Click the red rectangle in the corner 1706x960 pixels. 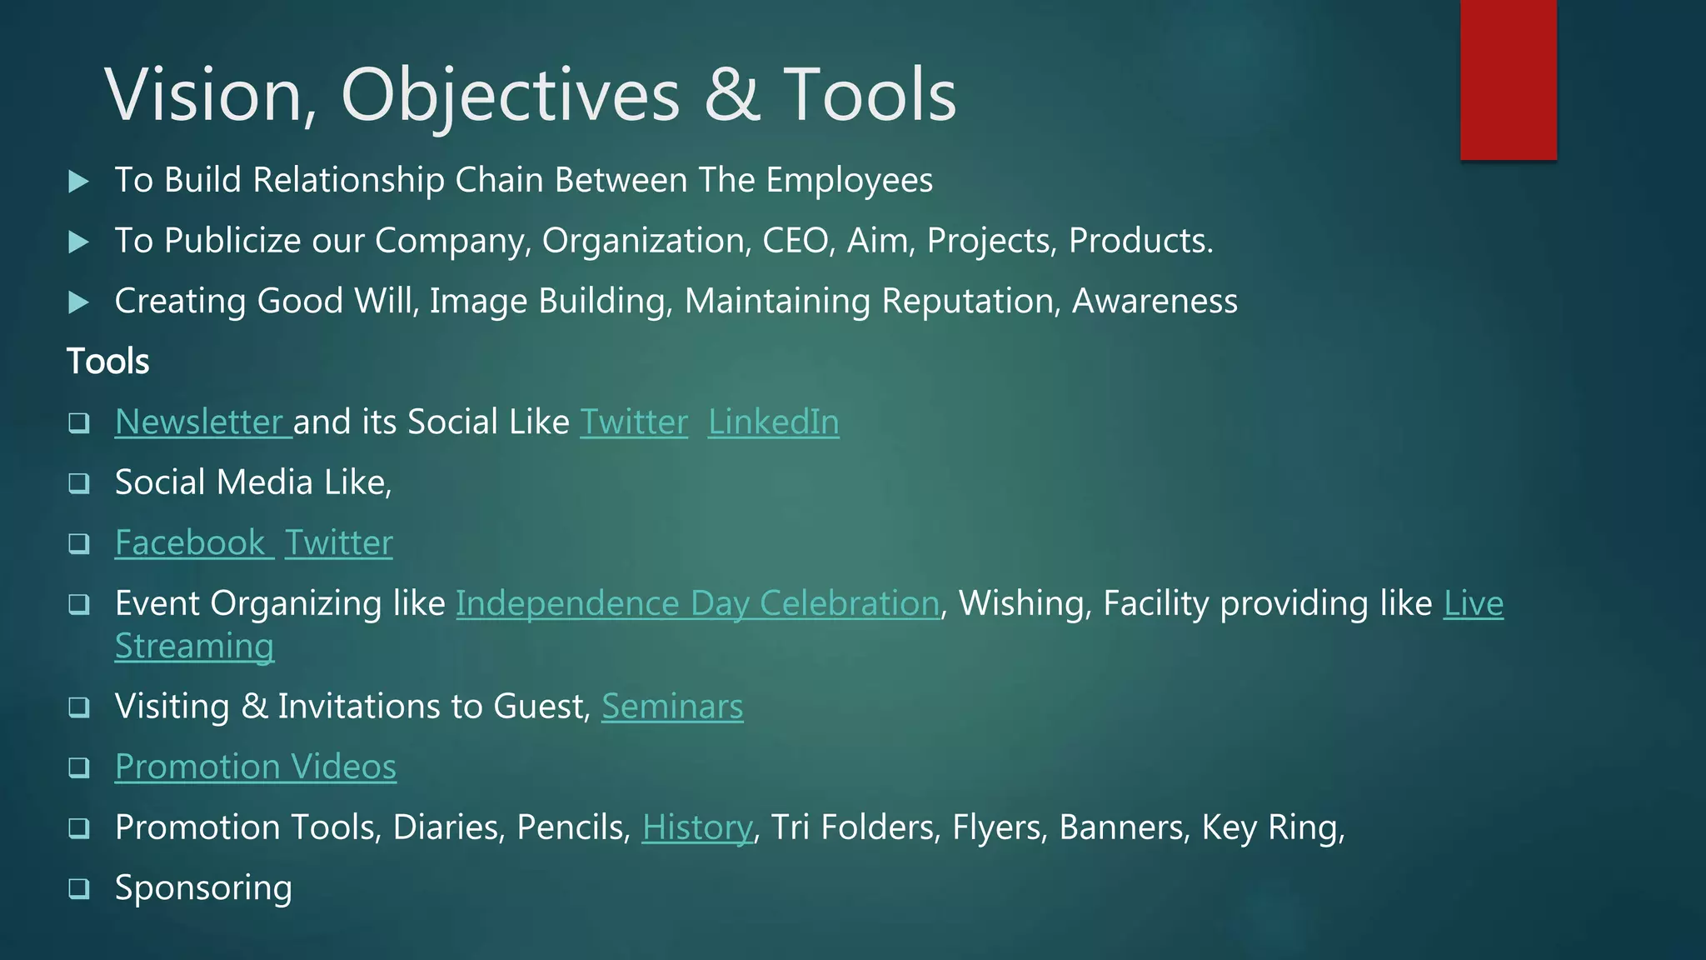[1508, 79]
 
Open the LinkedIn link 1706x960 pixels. [773, 422]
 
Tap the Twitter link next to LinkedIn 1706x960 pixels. [634, 422]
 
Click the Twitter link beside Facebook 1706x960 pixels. [338, 542]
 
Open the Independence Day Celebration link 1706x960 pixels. [697, 603]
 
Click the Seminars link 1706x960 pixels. [672, 707]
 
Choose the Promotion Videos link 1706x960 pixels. [256, 767]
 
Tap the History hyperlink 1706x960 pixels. [697, 827]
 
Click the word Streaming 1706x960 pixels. [195, 647]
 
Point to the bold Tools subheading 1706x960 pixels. [108, 362]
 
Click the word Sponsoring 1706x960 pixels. [203, 888]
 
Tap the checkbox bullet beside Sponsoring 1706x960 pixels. [79, 888]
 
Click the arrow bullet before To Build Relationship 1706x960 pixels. [79, 181]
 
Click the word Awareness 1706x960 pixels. [1155, 301]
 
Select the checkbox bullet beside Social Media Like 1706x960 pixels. [79, 483]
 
